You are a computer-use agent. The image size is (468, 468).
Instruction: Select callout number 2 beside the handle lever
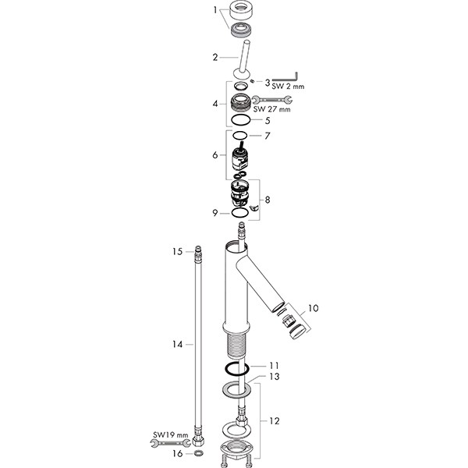click(216, 57)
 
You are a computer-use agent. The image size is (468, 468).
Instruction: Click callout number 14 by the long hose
click(177, 343)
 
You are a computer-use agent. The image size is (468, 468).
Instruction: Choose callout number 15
click(176, 251)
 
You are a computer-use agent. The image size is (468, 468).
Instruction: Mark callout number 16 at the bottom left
click(175, 452)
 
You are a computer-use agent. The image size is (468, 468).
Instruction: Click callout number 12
click(271, 420)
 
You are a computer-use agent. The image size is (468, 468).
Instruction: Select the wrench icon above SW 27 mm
click(273, 100)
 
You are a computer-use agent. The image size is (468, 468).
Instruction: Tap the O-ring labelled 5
click(240, 121)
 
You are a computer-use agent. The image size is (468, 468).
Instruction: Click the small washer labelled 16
click(198, 452)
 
